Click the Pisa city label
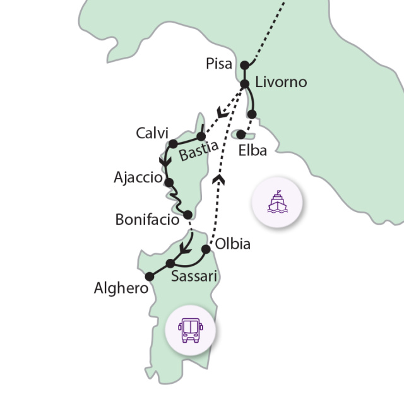219,64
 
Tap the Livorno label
281,82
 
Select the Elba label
253,151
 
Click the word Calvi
152,133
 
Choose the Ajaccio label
138,177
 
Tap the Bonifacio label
147,220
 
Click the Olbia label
232,244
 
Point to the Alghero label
121,289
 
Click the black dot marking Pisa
245,64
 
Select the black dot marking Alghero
150,276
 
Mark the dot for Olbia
206,249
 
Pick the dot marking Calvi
174,144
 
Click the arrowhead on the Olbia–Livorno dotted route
220,179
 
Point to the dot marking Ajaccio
169,182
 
